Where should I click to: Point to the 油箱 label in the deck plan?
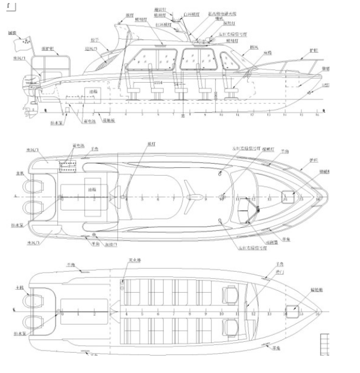[91, 189]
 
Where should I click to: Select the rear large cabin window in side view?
[152, 60]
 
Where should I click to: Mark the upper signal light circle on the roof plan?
[222, 173]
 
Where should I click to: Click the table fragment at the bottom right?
[326, 345]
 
